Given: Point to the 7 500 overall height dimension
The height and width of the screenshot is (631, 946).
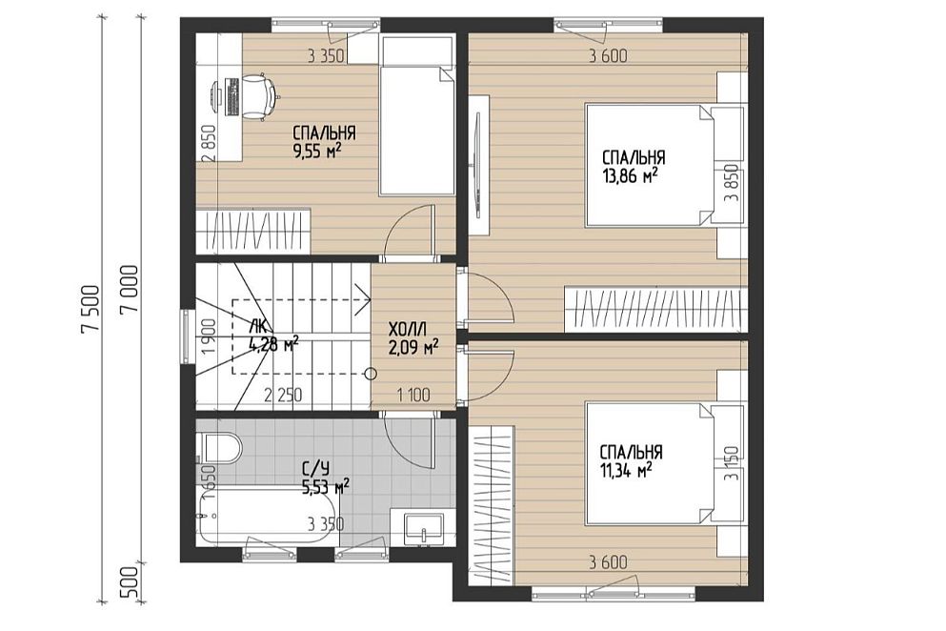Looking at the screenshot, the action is [91, 308].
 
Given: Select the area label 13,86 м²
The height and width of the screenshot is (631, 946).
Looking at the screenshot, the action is [630, 175].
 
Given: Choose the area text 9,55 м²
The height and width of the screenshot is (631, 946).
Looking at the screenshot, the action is [318, 150].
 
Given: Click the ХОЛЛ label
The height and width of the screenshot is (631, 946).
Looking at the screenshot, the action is [408, 331].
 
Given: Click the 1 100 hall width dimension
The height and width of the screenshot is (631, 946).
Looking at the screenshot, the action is [413, 396].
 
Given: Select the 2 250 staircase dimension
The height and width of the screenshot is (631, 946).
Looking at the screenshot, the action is [283, 396].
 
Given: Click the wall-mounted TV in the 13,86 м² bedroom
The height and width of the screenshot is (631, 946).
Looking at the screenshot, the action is [476, 166].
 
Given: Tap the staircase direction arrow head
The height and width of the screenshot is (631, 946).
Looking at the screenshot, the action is [362, 300].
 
